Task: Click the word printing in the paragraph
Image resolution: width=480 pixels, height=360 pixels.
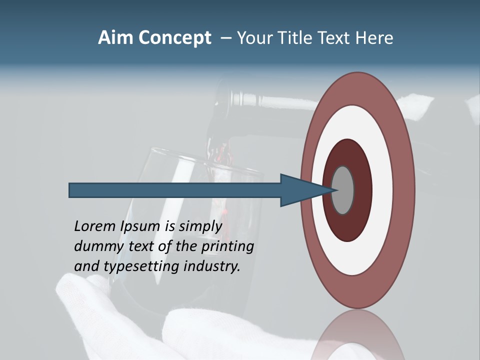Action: [x=228, y=246]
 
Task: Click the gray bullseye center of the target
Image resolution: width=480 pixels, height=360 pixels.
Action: [x=343, y=190]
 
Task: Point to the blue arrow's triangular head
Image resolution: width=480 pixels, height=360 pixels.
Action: [x=300, y=190]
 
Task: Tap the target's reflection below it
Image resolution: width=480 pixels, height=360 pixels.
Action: [x=357, y=340]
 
